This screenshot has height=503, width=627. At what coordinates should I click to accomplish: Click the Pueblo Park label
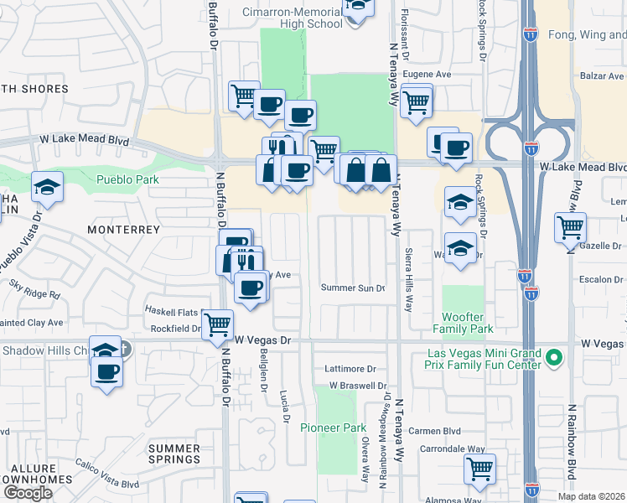(x=127, y=179)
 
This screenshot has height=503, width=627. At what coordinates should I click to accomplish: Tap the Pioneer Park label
(x=334, y=428)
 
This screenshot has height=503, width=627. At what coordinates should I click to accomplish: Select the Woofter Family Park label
(x=462, y=322)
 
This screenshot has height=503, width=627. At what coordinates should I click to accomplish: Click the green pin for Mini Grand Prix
(x=553, y=359)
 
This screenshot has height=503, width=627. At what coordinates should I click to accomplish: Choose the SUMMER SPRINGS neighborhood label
(x=174, y=454)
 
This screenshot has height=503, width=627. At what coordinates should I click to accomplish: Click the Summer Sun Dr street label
(x=353, y=288)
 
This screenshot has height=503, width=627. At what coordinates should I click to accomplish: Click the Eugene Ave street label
(x=427, y=74)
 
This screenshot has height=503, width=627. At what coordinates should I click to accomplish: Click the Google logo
(x=28, y=493)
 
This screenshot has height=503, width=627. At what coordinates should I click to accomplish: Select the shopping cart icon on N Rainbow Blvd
(x=570, y=226)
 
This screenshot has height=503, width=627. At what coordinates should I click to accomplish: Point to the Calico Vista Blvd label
(x=106, y=485)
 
